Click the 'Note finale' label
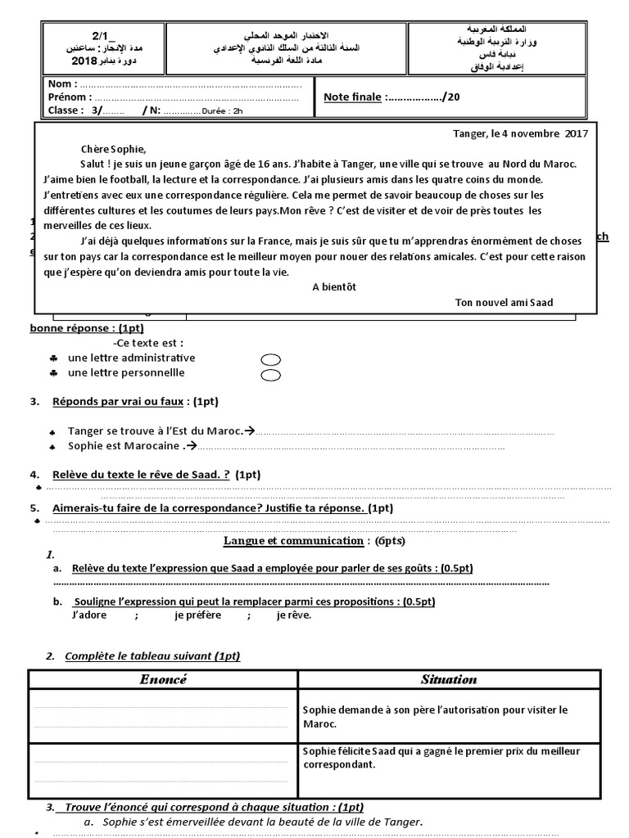pos(352,97)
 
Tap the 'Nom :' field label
pos(63,84)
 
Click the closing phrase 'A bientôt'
pos(335,287)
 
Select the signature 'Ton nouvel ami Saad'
pos(504,302)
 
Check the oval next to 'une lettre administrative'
pos(270,359)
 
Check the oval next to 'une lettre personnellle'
pos(270,376)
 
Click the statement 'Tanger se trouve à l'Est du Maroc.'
pos(156,431)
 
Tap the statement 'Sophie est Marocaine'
pos(123,446)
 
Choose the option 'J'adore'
pos(90,615)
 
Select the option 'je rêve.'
pos(294,615)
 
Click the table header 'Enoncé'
pos(163,679)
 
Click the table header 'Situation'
pos(448,679)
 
